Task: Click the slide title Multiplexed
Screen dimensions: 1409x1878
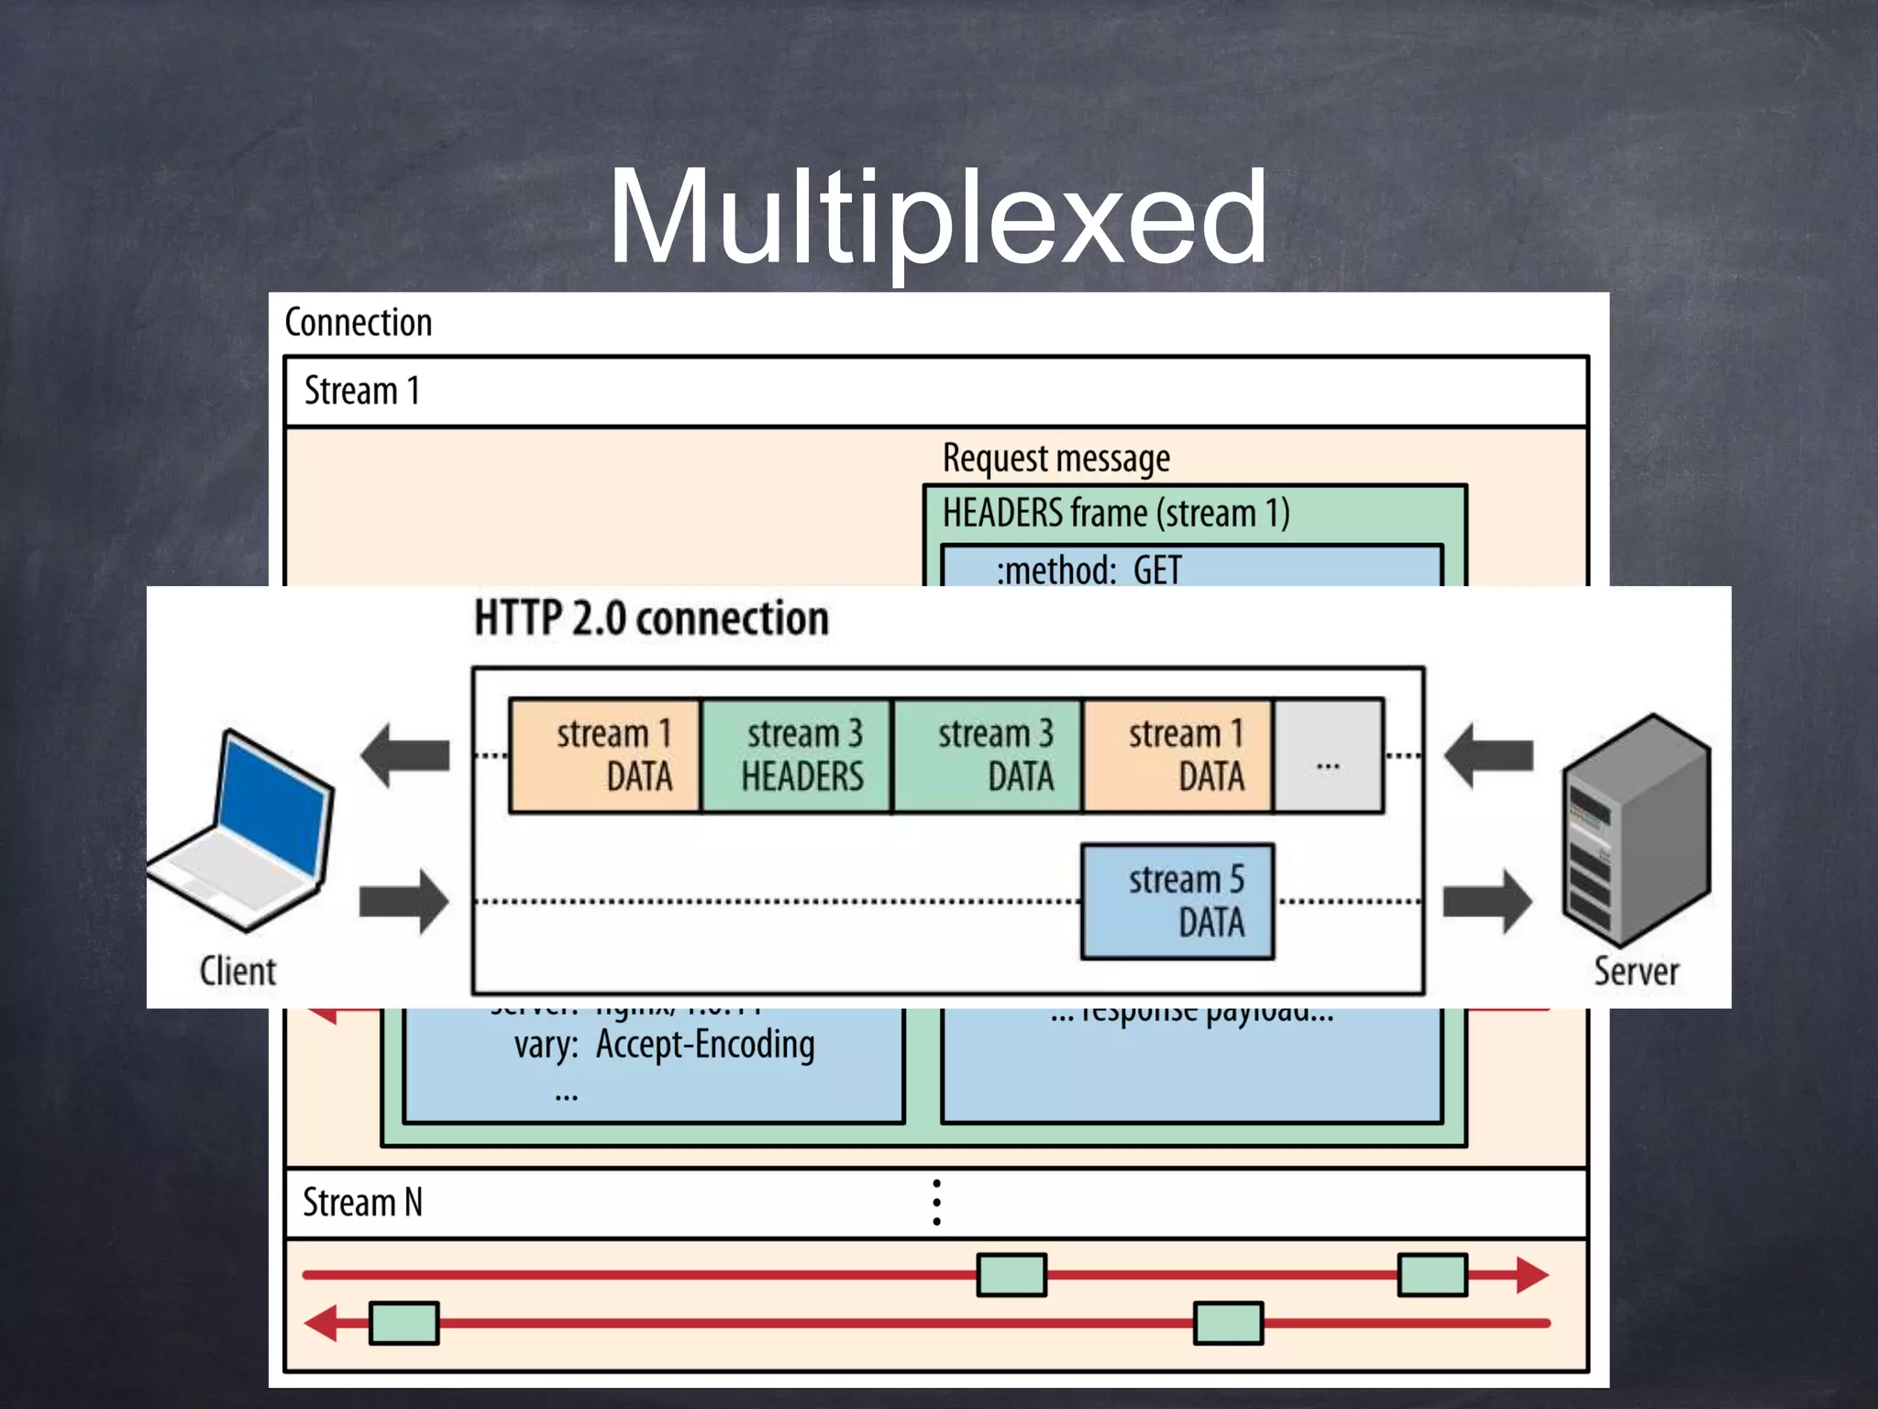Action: click(937, 218)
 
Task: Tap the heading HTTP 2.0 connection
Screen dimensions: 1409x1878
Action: click(651, 618)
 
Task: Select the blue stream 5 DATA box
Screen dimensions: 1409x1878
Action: click(1177, 902)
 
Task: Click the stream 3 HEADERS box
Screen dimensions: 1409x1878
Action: click(796, 756)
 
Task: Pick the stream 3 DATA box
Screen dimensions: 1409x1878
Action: click(988, 756)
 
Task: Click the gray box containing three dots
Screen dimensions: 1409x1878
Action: click(1328, 756)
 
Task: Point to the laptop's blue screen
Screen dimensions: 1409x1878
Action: click(272, 803)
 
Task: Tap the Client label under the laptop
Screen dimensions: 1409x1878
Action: click(238, 971)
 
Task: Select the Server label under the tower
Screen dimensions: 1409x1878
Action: click(1636, 971)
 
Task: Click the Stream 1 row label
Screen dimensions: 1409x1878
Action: click(362, 392)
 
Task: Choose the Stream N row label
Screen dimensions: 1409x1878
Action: click(363, 1203)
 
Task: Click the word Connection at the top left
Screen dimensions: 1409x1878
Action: click(358, 323)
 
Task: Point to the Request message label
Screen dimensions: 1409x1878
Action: click(1055, 458)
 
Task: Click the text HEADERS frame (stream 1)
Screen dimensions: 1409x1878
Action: click(1116, 513)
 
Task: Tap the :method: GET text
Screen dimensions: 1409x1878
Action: click(1088, 570)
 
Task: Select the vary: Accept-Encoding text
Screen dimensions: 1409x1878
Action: click(664, 1045)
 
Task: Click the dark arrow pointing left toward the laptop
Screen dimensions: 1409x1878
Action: click(405, 756)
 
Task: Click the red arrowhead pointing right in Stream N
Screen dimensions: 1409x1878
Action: click(1531, 1275)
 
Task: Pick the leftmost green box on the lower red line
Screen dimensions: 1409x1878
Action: click(404, 1323)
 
